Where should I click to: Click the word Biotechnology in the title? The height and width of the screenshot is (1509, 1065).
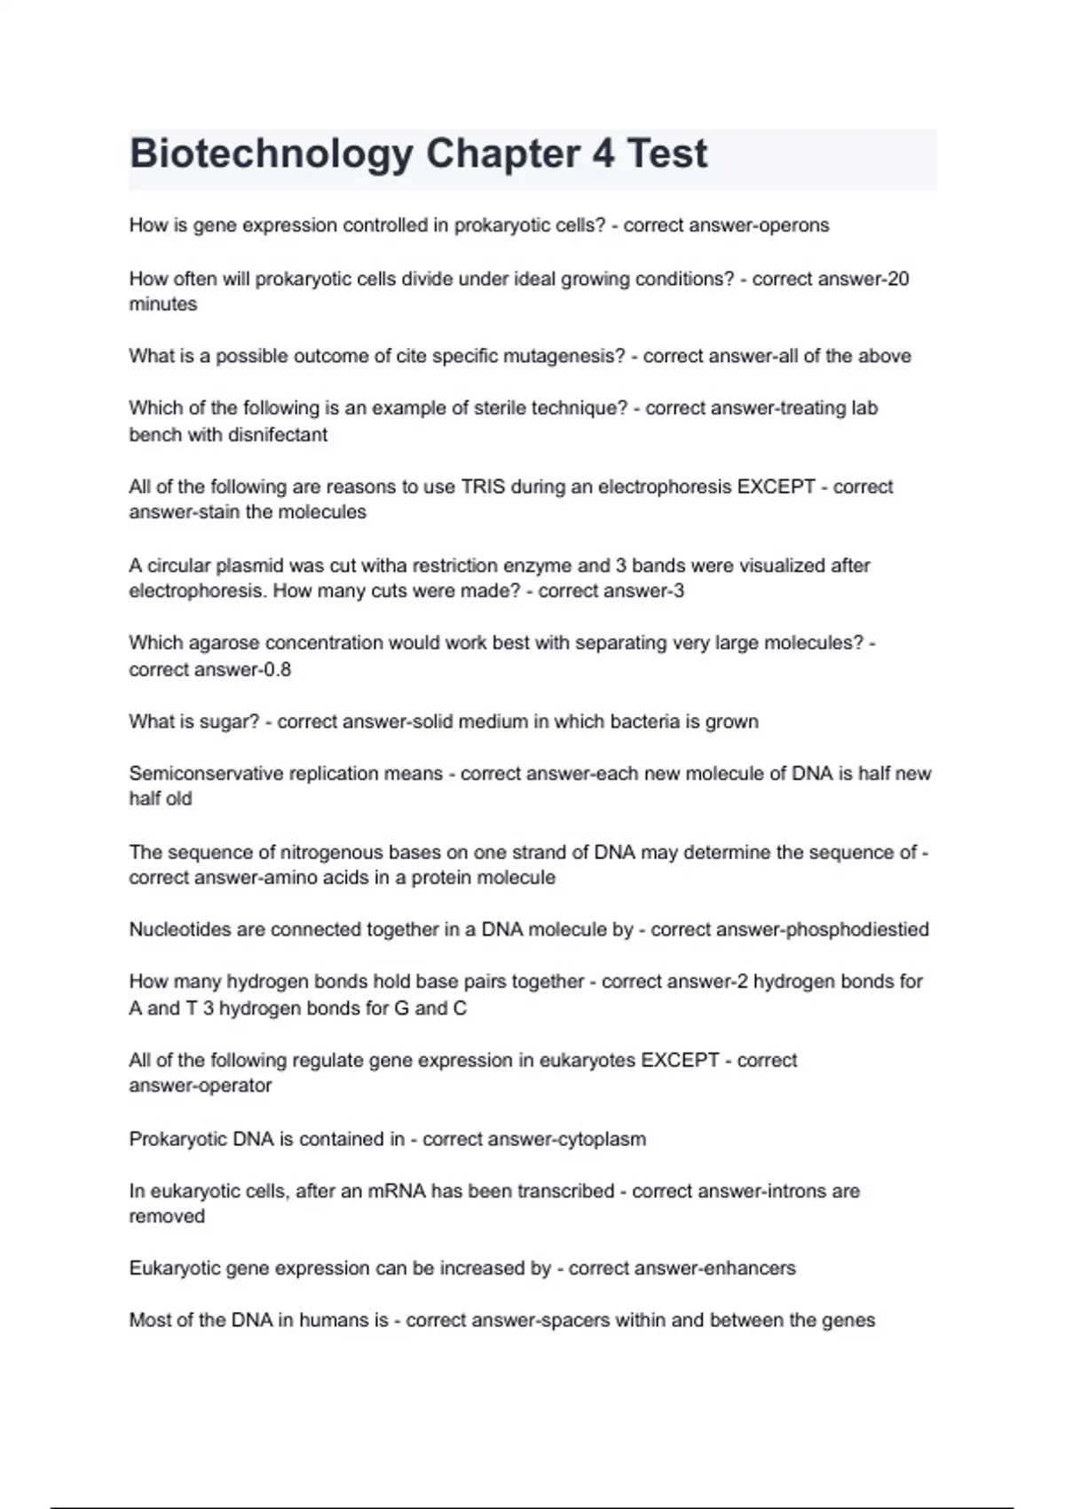coord(271,154)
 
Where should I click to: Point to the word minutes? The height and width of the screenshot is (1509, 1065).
coord(163,304)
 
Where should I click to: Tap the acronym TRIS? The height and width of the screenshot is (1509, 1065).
coord(483,487)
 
